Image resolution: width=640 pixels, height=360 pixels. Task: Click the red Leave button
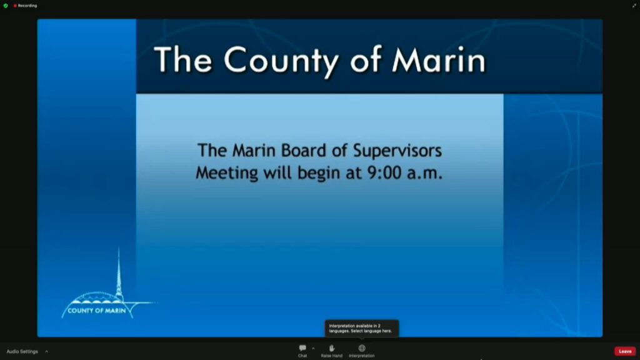pyautogui.click(x=625, y=351)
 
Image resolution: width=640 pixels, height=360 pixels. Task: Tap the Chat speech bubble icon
pyautogui.click(x=302, y=348)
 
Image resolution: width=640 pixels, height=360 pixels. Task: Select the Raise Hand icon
pyautogui.click(x=332, y=348)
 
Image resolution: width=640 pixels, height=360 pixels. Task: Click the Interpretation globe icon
pyautogui.click(x=362, y=348)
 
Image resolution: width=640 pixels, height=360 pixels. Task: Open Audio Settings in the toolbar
pyautogui.click(x=22, y=351)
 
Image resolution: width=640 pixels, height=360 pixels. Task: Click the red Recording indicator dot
pyautogui.click(x=15, y=6)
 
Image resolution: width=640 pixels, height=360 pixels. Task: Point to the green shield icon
pyautogui.click(x=6, y=6)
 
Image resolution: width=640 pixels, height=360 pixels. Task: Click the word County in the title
pyautogui.click(x=282, y=61)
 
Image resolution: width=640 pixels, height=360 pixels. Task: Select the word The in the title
pyautogui.click(x=183, y=59)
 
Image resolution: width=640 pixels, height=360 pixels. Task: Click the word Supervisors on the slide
pyautogui.click(x=397, y=151)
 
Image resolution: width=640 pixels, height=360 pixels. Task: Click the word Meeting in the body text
pyautogui.click(x=227, y=172)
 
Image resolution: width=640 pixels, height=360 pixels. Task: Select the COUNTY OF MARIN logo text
pyautogui.click(x=97, y=311)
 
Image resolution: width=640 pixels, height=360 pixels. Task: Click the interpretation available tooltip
pyautogui.click(x=362, y=329)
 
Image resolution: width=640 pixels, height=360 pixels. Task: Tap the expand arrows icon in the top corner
pyautogui.click(x=634, y=6)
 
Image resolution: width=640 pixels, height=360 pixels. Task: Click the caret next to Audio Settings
pyautogui.click(x=46, y=351)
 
